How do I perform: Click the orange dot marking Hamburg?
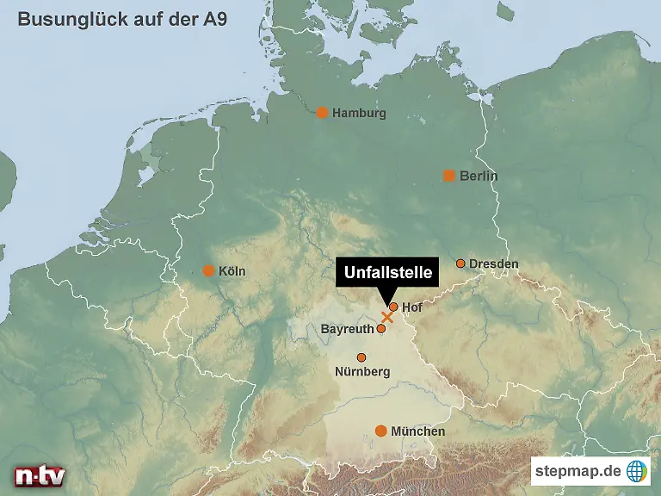click(322, 112)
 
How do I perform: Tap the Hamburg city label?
click(359, 113)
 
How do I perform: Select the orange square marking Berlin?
click(448, 176)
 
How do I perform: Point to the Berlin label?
click(479, 176)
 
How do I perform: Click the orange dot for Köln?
click(207, 270)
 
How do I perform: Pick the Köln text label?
click(232, 271)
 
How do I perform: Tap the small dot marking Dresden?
click(460, 263)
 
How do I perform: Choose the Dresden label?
click(494, 263)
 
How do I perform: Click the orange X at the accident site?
click(386, 317)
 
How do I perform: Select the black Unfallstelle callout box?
click(387, 273)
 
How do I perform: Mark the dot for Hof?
click(393, 307)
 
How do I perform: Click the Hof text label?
click(411, 307)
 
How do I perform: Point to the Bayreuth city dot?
click(381, 328)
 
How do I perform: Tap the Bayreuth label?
click(347, 329)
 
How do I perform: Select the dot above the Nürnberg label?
click(361, 357)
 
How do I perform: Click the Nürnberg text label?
click(362, 372)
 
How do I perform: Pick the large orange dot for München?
click(380, 431)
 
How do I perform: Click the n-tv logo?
click(39, 475)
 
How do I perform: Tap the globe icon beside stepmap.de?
click(636, 470)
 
